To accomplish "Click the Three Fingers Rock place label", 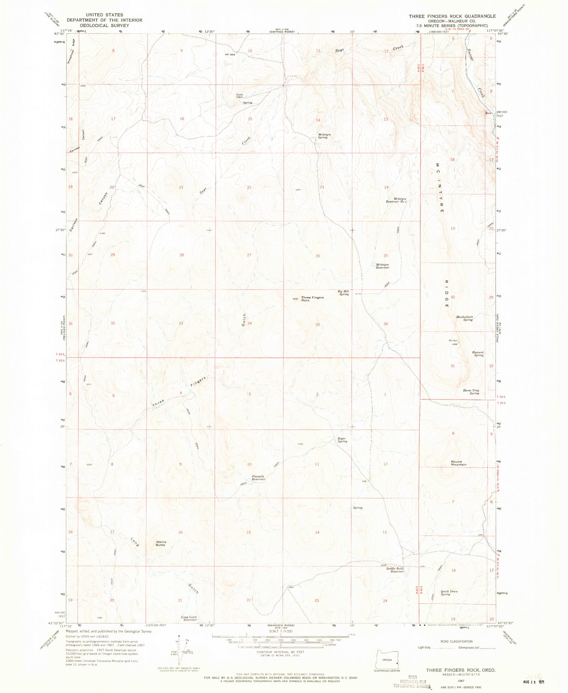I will pyautogui.click(x=312, y=299).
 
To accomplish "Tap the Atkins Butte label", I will pyautogui.click(x=161, y=543).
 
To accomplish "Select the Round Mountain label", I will pyautogui.click(x=459, y=463).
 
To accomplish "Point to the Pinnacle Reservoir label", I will pyautogui.click(x=258, y=478).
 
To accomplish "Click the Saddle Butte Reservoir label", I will pyautogui.click(x=395, y=570).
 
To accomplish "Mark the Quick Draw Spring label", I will pyautogui.click(x=449, y=592).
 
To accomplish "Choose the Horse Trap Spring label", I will pyautogui.click(x=471, y=391).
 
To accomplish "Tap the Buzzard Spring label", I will pyautogui.click(x=478, y=353).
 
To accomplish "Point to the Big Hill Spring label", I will pyautogui.click(x=343, y=293).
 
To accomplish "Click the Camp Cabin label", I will pyautogui.click(x=240, y=96).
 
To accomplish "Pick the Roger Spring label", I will pyautogui.click(x=342, y=440).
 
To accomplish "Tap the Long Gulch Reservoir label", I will pyautogui.click(x=189, y=618).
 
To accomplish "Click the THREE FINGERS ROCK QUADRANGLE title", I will pyautogui.click(x=452, y=16).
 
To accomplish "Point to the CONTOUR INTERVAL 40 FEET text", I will pyautogui.click(x=280, y=652).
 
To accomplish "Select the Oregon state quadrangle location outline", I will pyautogui.click(x=387, y=659).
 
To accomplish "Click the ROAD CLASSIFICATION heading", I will pyautogui.click(x=456, y=641).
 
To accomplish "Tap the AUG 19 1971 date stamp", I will pyautogui.click(x=533, y=682).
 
